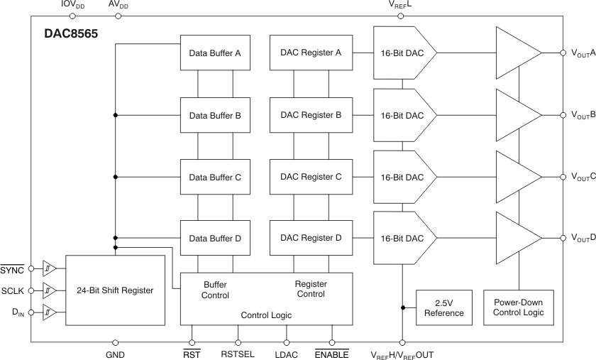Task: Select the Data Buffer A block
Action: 215,53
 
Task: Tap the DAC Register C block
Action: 311,176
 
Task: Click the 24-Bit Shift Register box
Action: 116,290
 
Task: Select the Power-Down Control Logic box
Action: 519,307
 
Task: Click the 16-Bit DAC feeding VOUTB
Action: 402,114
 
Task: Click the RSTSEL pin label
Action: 238,354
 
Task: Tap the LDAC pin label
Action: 287,354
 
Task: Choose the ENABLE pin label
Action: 331,354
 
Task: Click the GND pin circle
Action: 115,342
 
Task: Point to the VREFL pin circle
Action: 401,16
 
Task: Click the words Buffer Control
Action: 216,289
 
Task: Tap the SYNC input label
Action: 12,270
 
